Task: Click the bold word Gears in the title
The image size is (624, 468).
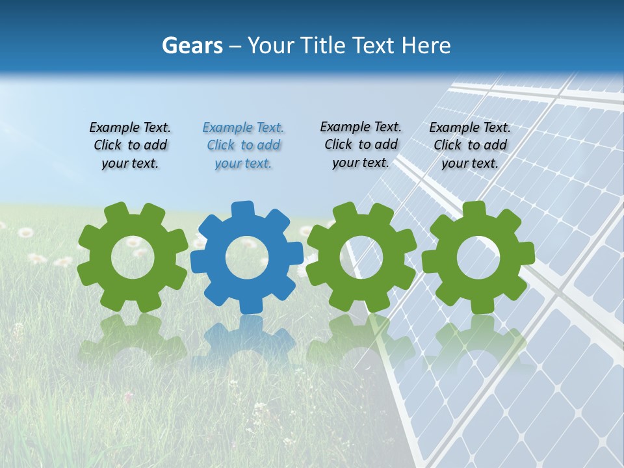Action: click(x=192, y=45)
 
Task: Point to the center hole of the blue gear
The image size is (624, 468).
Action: click(x=247, y=258)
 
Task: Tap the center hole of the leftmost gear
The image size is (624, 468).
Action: click(x=133, y=257)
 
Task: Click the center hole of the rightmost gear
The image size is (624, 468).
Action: click(x=478, y=257)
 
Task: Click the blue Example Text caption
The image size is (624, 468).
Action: click(x=243, y=146)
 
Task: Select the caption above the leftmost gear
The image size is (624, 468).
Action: click(x=130, y=146)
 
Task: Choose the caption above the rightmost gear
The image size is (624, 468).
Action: click(x=470, y=146)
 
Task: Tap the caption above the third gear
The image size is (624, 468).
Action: click(x=361, y=144)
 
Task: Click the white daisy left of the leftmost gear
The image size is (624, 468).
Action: click(x=25, y=232)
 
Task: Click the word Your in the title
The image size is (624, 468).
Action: click(x=272, y=45)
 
